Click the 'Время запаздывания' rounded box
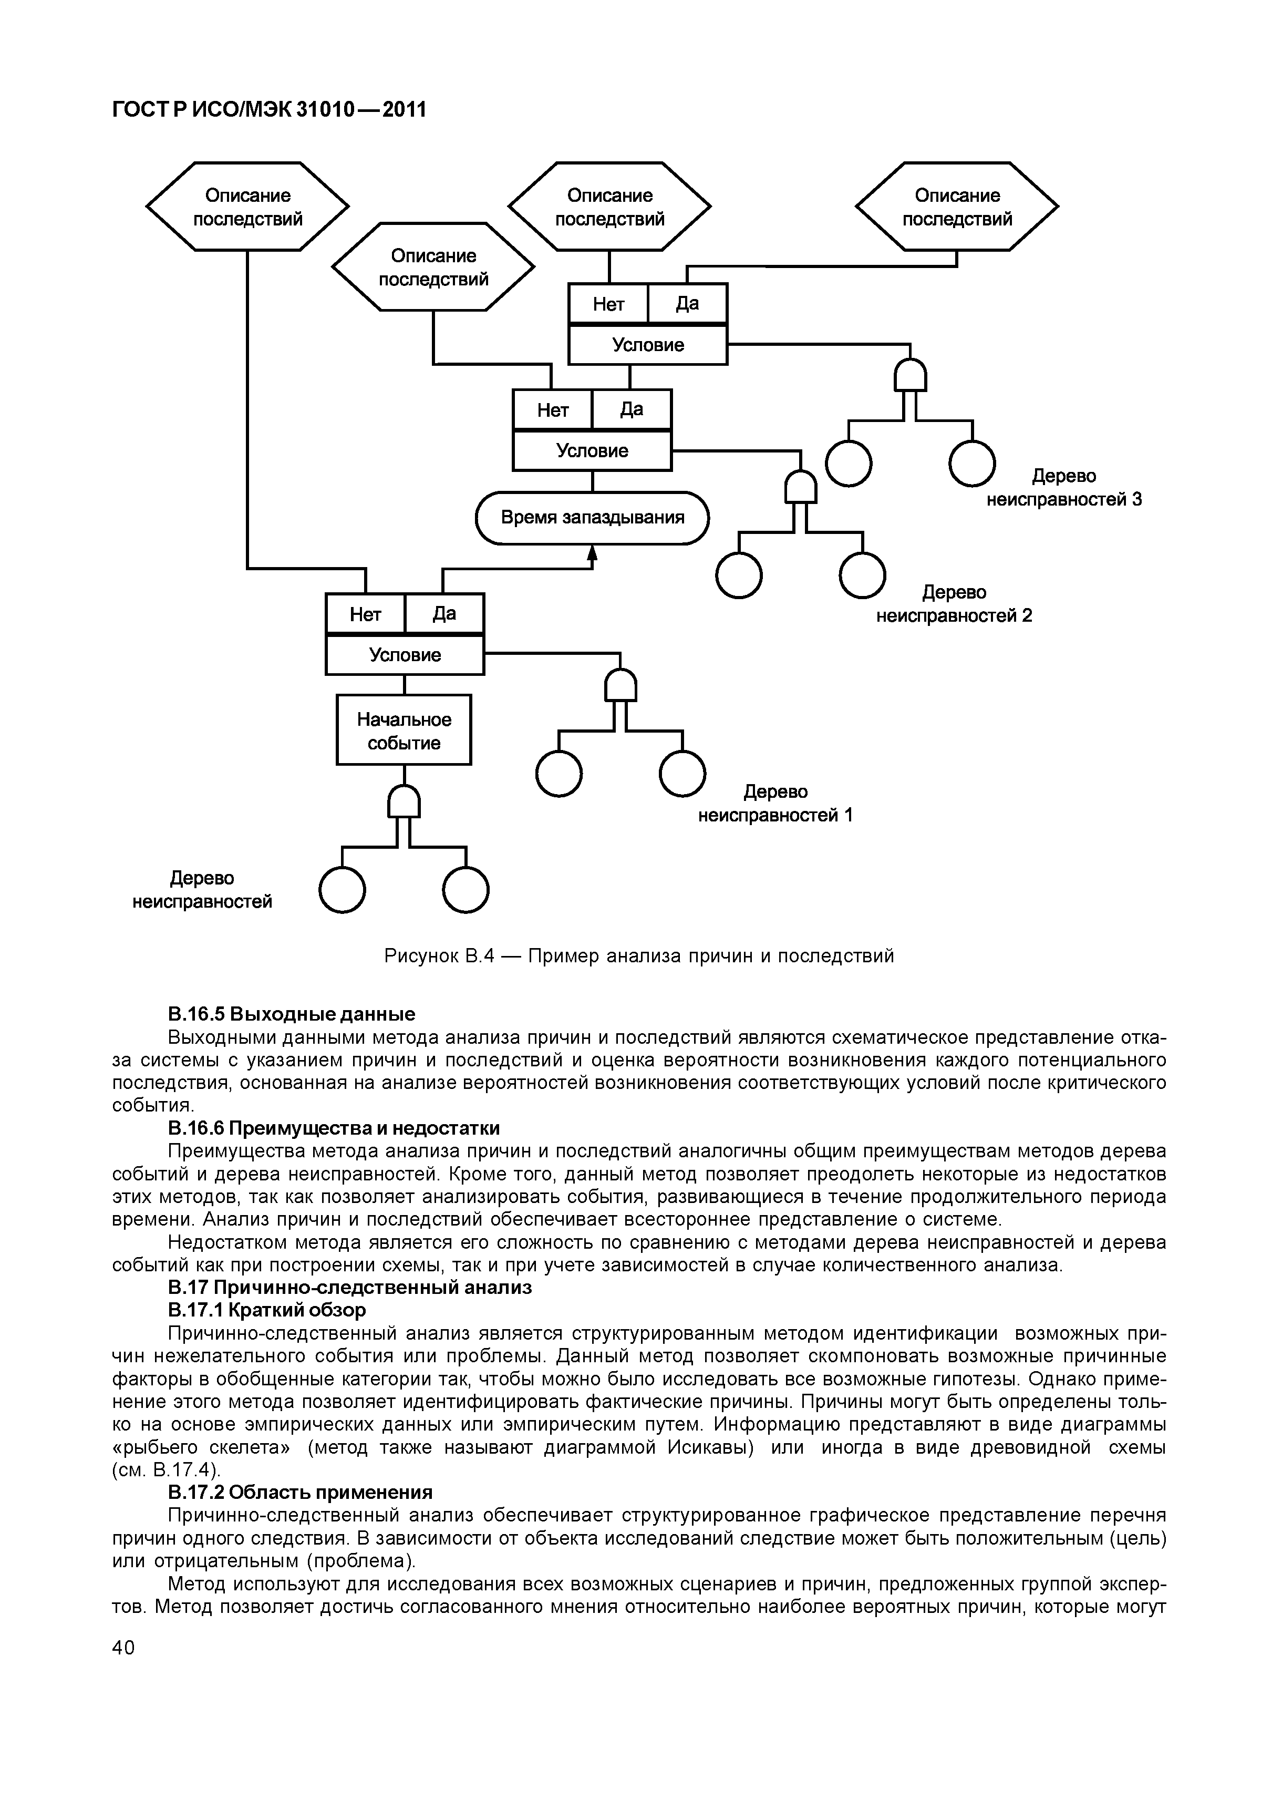tap(592, 518)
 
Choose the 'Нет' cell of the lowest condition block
tap(365, 614)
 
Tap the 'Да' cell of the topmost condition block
tap(687, 303)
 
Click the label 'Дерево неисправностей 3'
tap(1063, 488)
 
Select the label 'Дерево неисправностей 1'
tap(775, 804)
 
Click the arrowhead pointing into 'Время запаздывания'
tap(593, 553)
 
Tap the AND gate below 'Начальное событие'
tap(405, 802)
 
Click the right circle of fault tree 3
tap(972, 464)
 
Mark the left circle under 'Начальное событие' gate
tap(343, 891)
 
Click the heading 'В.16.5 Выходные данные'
tap(292, 1014)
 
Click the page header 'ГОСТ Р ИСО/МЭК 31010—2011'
tap(270, 110)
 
